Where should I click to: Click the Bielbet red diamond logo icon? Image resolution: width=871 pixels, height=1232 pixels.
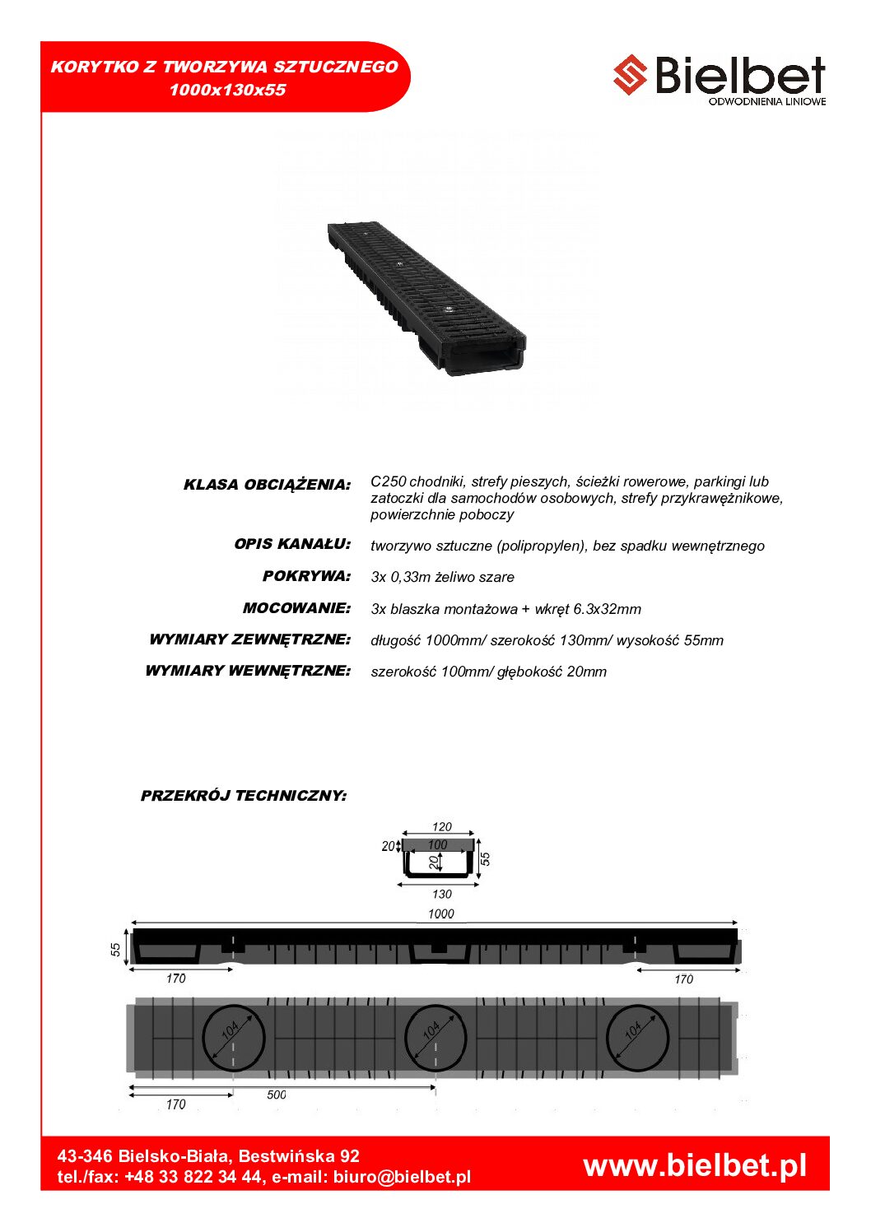click(631, 75)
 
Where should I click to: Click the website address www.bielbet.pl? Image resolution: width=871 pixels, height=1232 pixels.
click(695, 1165)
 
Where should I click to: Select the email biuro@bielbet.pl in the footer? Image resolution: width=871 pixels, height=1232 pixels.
click(402, 1177)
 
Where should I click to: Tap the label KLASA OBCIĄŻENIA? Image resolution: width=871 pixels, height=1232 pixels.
click(267, 485)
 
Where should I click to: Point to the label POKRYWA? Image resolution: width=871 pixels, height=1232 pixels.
click(306, 576)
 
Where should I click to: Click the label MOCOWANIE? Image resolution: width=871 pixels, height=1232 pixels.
click(296, 608)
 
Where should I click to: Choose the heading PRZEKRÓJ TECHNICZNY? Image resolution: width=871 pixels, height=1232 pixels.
click(244, 796)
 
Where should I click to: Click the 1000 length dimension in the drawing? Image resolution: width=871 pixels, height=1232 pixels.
click(441, 914)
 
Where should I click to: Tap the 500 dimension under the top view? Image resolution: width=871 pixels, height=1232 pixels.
click(277, 1095)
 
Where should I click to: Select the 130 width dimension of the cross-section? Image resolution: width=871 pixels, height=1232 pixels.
click(442, 894)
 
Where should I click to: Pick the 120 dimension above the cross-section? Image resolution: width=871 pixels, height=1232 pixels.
click(442, 826)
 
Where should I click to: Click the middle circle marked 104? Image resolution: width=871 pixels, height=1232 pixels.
click(435, 1038)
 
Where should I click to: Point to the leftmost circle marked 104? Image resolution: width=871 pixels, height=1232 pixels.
click(234, 1038)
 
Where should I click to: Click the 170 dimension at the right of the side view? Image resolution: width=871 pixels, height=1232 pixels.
click(683, 979)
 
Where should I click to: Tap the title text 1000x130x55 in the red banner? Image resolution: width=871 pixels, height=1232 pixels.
click(227, 90)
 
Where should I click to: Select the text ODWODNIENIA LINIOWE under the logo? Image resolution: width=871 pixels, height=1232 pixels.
click(766, 101)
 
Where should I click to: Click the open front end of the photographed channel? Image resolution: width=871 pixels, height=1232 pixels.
click(486, 360)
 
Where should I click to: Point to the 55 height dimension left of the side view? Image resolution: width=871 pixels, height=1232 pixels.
click(116, 949)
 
